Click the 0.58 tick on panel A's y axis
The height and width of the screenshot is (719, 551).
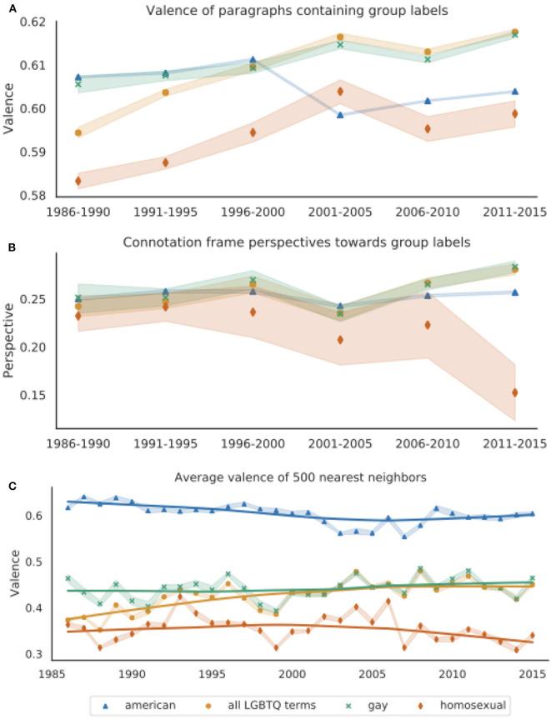tap(34, 197)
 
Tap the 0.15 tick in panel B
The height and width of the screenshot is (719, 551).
tap(34, 395)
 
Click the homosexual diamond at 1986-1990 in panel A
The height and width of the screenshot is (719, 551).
tap(78, 181)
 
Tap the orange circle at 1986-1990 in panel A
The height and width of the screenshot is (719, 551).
tap(78, 132)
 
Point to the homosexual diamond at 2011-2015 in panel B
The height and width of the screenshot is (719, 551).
tap(515, 392)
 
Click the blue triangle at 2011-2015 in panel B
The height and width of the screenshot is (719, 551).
tap(515, 292)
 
